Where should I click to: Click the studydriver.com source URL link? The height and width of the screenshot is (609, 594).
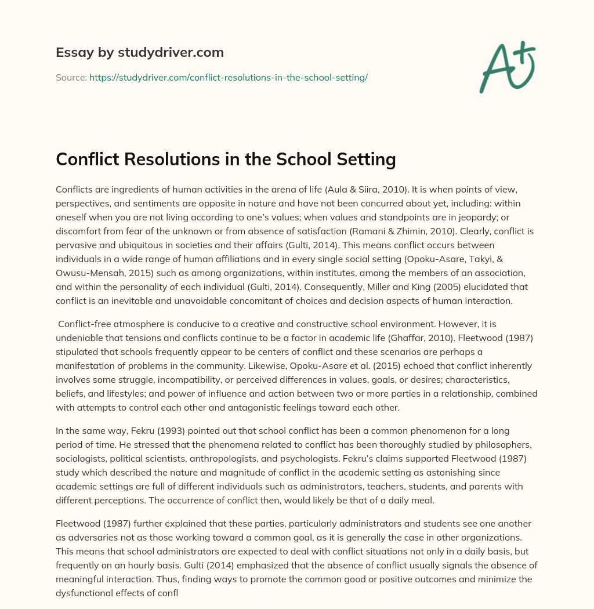pyautogui.click(x=229, y=77)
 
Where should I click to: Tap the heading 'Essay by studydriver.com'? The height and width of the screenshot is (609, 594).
pyautogui.click(x=140, y=53)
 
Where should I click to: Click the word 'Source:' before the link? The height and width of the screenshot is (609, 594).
pyautogui.click(x=71, y=77)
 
